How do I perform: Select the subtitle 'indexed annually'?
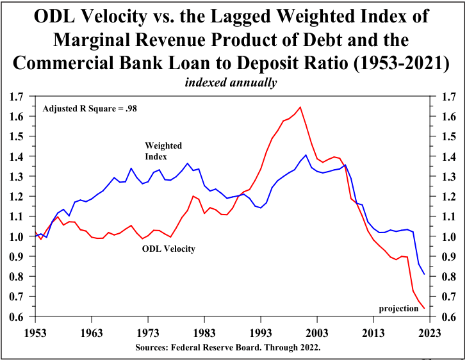[231, 83]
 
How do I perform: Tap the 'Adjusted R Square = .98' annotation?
[90, 108]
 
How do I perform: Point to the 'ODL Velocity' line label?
[168, 248]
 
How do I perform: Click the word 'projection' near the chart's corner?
[398, 309]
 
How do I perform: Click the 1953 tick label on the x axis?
[35, 332]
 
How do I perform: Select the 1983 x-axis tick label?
[204, 332]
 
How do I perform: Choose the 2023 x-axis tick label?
[430, 332]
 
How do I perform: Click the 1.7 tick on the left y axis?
[17, 97]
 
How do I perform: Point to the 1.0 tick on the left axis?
[17, 237]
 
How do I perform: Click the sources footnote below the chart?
[232, 347]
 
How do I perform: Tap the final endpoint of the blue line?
[424, 274]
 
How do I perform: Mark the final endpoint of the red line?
[424, 308]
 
